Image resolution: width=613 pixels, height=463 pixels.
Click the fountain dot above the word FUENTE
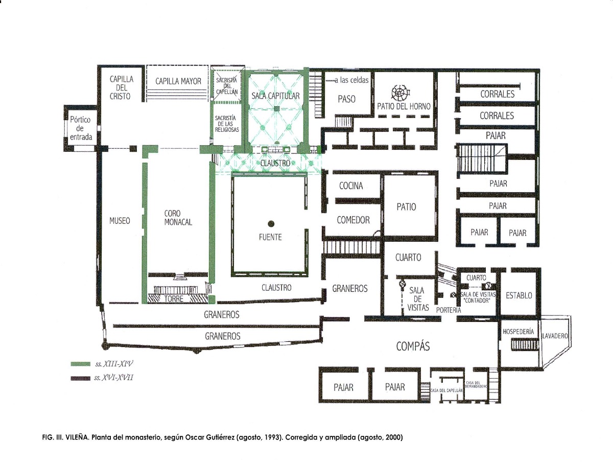(x=271, y=223)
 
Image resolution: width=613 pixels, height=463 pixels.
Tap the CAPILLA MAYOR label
(x=178, y=81)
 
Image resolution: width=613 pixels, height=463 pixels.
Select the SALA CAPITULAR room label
(x=275, y=96)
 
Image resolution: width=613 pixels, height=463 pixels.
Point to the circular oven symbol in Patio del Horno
(x=400, y=92)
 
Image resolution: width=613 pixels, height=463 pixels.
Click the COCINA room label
(x=351, y=186)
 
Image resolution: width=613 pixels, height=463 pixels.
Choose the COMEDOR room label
(x=353, y=220)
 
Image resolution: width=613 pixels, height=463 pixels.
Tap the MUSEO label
(x=120, y=221)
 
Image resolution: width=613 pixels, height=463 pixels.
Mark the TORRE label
(x=174, y=299)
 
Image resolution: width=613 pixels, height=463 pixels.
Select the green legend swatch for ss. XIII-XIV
(x=80, y=364)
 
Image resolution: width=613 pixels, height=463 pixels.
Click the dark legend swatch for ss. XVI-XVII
(x=80, y=378)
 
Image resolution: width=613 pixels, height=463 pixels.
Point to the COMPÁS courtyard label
(x=413, y=346)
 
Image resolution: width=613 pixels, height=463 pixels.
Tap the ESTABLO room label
(x=519, y=295)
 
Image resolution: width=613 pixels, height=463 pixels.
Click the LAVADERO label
(x=555, y=336)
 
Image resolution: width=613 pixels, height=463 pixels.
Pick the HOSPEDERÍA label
(x=518, y=332)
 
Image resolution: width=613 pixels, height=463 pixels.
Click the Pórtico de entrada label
(x=81, y=128)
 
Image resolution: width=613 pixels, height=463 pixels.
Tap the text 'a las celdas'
(x=351, y=80)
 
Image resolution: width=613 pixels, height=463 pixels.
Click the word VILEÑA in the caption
(x=78, y=437)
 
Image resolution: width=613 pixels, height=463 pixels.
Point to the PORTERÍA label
(x=449, y=310)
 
